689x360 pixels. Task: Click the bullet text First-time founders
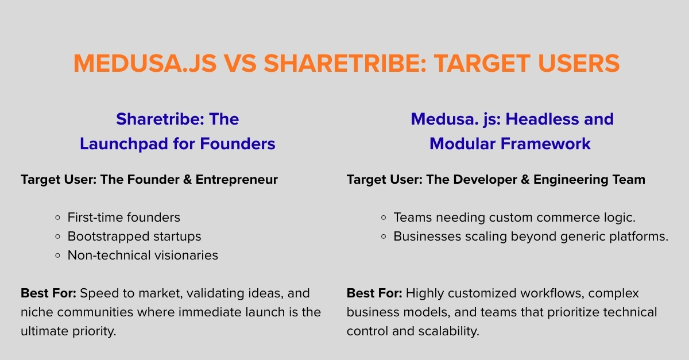click(123, 218)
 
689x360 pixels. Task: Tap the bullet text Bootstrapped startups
click(134, 236)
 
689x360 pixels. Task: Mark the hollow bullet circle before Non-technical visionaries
click(57, 256)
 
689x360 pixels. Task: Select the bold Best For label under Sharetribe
click(48, 293)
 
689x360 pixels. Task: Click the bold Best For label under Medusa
click(374, 293)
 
